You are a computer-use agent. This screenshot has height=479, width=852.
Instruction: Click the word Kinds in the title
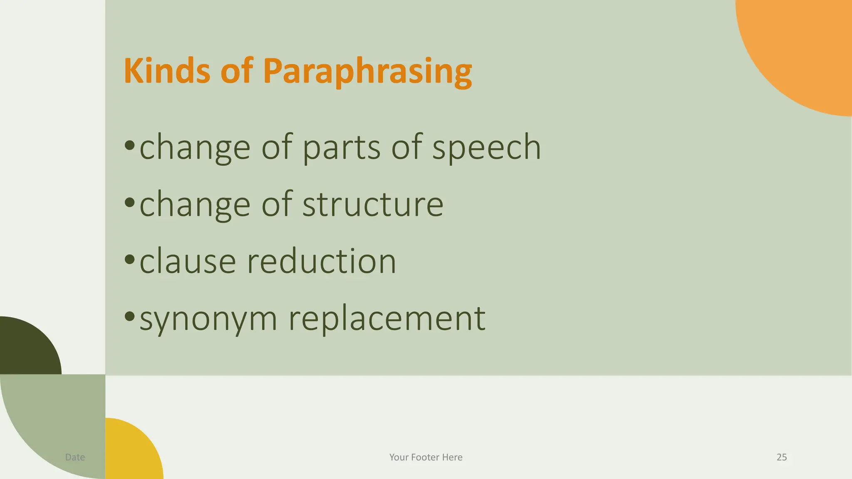pos(166,71)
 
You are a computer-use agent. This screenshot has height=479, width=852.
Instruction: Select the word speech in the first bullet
pos(486,148)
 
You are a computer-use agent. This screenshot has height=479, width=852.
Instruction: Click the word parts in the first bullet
pos(341,148)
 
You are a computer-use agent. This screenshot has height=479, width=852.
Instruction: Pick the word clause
pos(188,262)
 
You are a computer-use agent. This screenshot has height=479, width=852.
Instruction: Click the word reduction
pos(321,262)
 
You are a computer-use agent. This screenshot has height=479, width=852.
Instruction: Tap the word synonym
pos(208,319)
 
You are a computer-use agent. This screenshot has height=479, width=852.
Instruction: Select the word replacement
pos(387,319)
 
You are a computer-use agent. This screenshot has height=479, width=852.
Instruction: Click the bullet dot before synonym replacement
pos(130,316)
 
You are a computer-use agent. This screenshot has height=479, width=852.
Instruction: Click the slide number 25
pos(782,457)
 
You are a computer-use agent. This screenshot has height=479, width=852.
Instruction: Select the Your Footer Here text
pos(426,457)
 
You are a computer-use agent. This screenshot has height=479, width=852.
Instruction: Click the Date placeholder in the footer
pos(75,457)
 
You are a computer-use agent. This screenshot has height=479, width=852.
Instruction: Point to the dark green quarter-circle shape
pos(25,347)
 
